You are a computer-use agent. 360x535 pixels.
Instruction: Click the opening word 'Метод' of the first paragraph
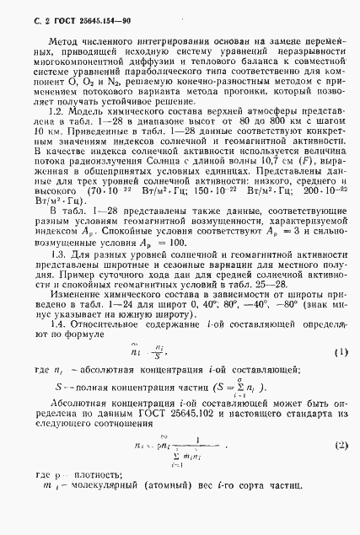point(63,40)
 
